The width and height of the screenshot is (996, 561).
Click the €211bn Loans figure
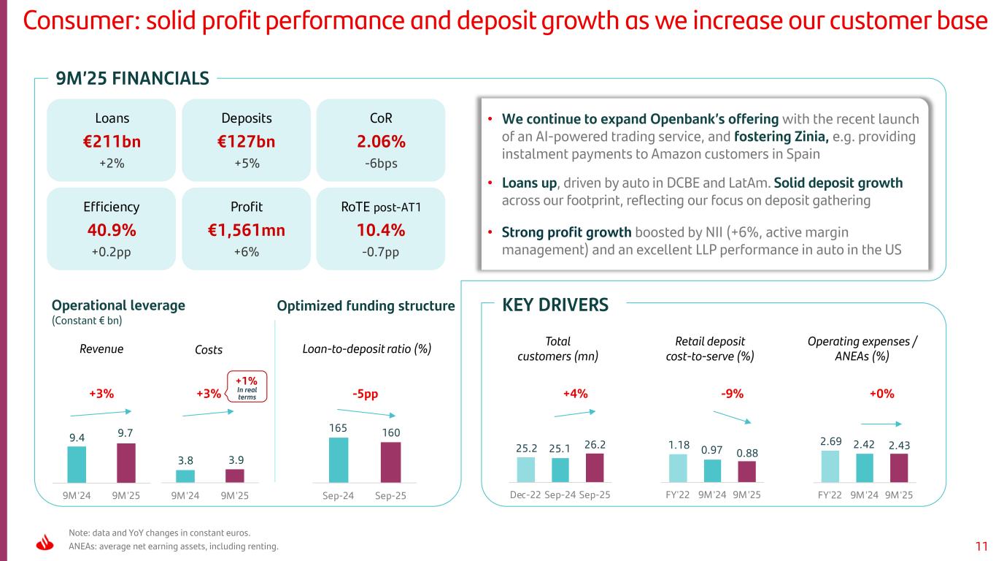coord(111,142)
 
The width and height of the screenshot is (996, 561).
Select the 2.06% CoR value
coord(380,142)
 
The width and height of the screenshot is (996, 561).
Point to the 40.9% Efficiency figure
coord(111,231)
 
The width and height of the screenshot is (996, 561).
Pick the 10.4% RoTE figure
coord(380,231)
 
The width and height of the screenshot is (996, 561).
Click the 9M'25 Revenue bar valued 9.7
coord(126,462)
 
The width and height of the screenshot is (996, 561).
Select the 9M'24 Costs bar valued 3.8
coord(185,476)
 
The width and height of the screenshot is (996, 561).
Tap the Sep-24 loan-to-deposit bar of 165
coord(339,459)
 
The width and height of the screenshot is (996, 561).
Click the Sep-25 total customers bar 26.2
coord(595,467)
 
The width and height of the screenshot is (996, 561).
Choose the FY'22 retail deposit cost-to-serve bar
coord(678,468)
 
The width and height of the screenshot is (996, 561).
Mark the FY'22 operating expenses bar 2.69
coord(830,466)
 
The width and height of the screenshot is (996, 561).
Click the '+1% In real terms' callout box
coord(247,386)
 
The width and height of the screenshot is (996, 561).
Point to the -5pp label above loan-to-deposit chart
coord(365,394)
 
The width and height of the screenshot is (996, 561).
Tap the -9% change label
coord(732,394)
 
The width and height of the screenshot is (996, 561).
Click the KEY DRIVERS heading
coord(555,305)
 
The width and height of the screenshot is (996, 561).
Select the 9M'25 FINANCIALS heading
coord(133,77)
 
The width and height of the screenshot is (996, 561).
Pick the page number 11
coord(981,545)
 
